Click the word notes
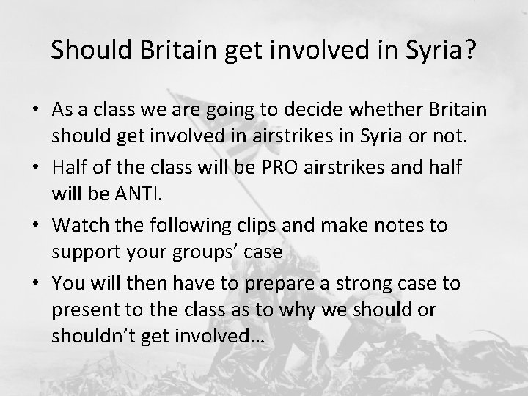[x=397, y=224]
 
